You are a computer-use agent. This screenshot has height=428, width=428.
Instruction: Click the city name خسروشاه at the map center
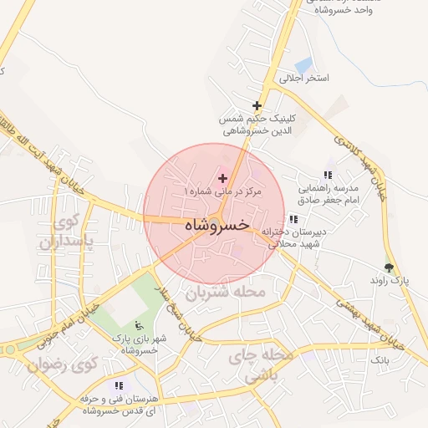click(x=216, y=225)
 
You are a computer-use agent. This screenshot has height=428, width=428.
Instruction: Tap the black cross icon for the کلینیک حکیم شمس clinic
click(x=257, y=106)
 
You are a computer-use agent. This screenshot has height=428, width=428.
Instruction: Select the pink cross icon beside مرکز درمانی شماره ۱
click(x=222, y=178)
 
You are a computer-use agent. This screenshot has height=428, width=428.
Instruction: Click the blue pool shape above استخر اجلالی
click(x=303, y=64)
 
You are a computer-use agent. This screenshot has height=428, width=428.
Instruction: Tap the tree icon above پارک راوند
click(x=389, y=267)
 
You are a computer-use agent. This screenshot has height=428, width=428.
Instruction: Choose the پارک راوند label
click(x=390, y=282)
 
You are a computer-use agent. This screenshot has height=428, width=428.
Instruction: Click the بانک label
click(x=380, y=359)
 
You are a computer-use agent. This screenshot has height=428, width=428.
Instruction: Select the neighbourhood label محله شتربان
click(x=225, y=293)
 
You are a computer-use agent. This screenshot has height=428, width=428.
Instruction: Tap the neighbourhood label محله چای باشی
click(x=266, y=365)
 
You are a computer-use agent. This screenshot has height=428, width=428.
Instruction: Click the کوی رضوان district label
click(x=63, y=365)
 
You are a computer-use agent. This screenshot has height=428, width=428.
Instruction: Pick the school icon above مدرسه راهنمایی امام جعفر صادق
click(x=328, y=175)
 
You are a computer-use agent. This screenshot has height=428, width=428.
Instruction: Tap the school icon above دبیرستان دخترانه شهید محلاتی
click(x=293, y=219)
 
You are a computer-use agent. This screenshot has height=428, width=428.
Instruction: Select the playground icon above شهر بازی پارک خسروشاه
click(x=139, y=324)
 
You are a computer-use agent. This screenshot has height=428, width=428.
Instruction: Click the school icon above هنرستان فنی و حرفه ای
click(x=118, y=385)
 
